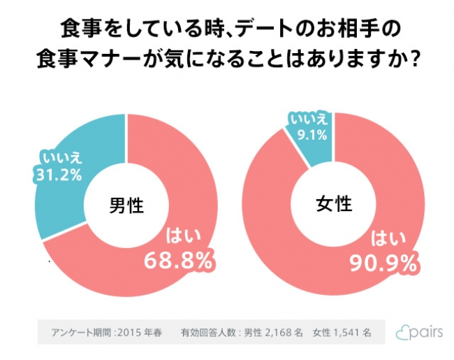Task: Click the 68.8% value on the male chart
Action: tap(178, 261)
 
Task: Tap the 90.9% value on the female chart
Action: tap(383, 263)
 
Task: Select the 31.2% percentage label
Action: tap(59, 173)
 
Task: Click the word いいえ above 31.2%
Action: tap(59, 156)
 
